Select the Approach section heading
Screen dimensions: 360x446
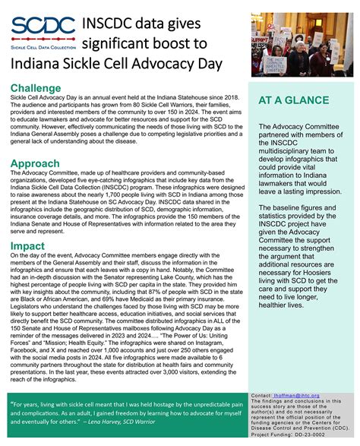click(36, 163)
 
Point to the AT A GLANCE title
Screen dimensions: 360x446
click(294, 100)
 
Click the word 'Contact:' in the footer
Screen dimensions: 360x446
click(261, 396)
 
